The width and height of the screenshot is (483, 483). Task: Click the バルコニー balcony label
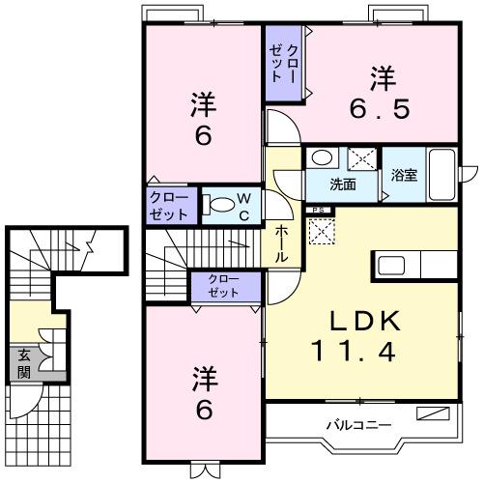[357, 424]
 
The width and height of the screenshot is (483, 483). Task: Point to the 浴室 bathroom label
[404, 176]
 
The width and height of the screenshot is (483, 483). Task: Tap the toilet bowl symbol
[218, 204]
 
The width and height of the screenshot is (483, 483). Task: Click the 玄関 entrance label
[22, 363]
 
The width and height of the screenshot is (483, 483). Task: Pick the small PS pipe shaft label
[315, 209]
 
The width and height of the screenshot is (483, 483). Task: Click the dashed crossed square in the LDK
[320, 231]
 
